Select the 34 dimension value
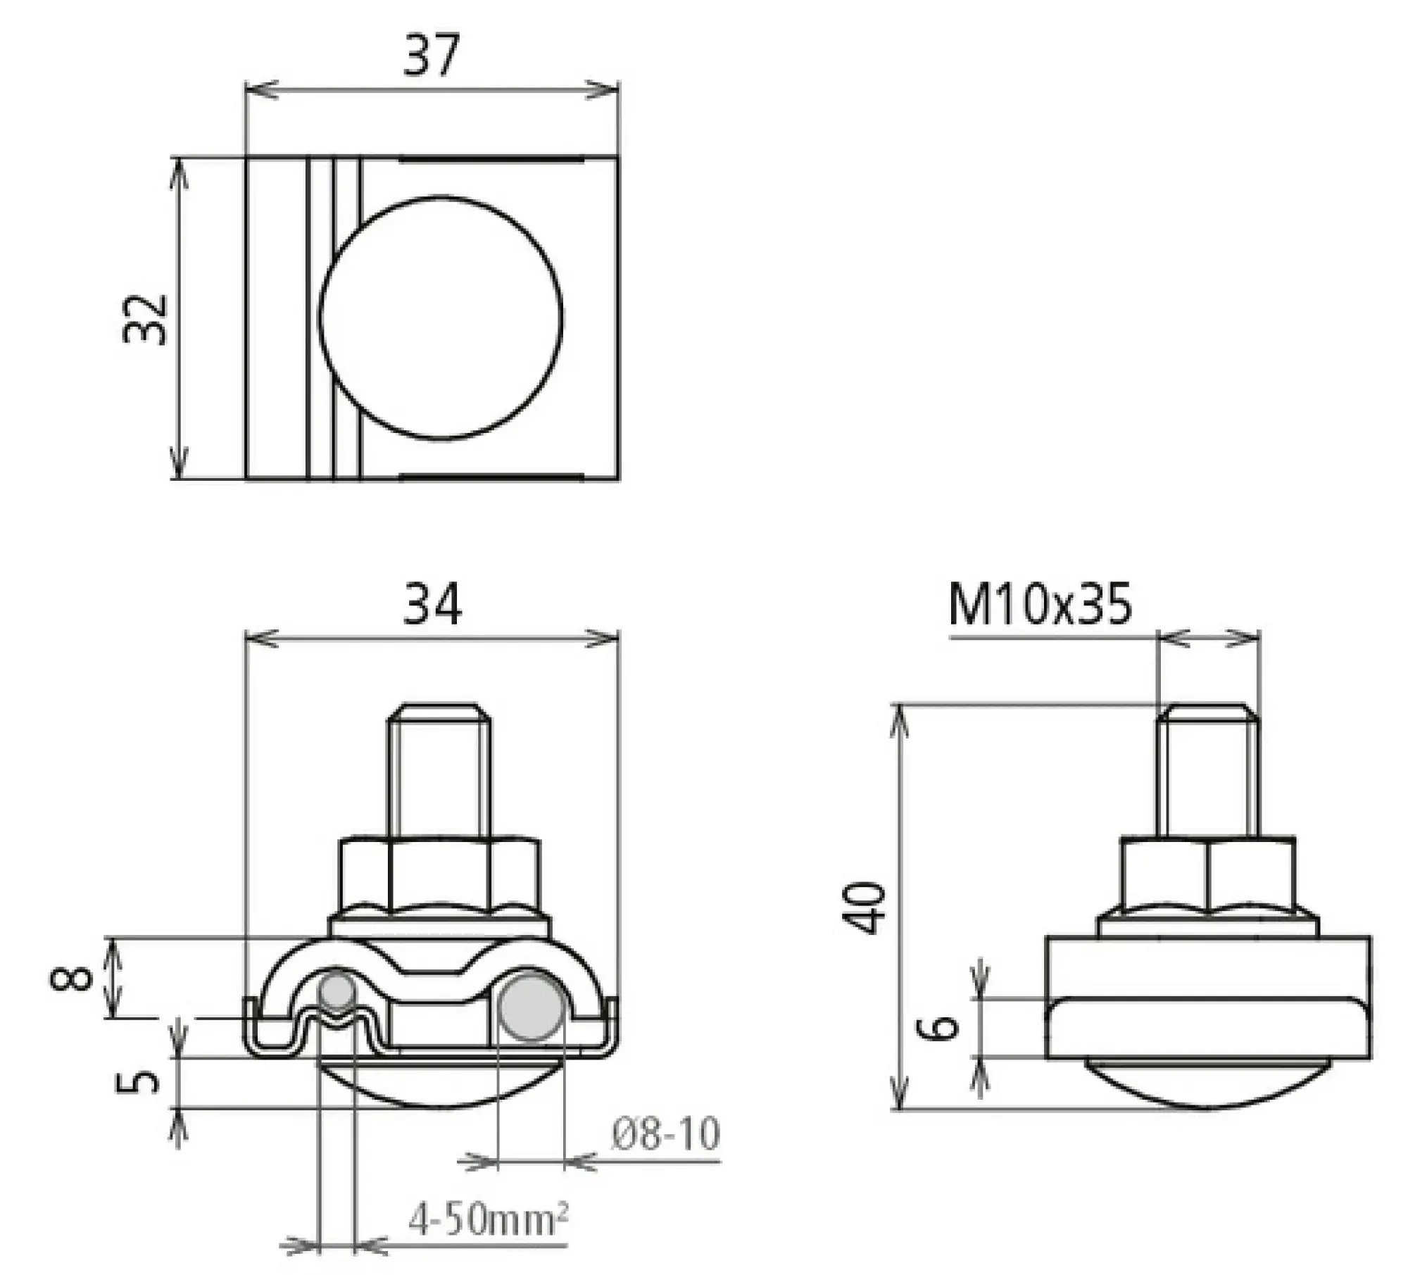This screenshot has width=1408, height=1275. [x=432, y=604]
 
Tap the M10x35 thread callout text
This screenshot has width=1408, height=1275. [x=1040, y=604]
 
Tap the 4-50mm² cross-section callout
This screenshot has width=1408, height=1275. [x=488, y=1219]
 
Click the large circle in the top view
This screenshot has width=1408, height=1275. [x=441, y=318]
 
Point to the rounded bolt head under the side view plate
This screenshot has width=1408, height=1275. [x=1207, y=1092]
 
